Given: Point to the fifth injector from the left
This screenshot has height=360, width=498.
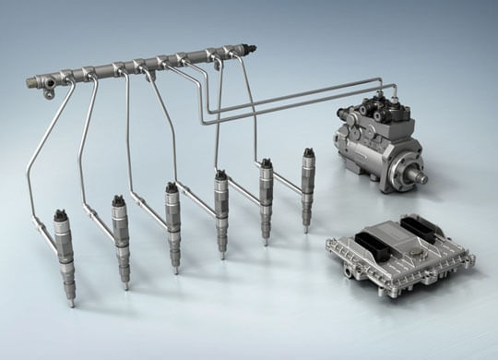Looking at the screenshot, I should [x=266, y=198].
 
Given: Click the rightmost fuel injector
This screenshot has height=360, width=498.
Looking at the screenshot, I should [x=307, y=185].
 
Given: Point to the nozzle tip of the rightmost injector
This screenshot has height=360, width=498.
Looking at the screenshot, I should [x=308, y=229].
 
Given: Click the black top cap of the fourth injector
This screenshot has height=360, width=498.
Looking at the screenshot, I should [x=220, y=174].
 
